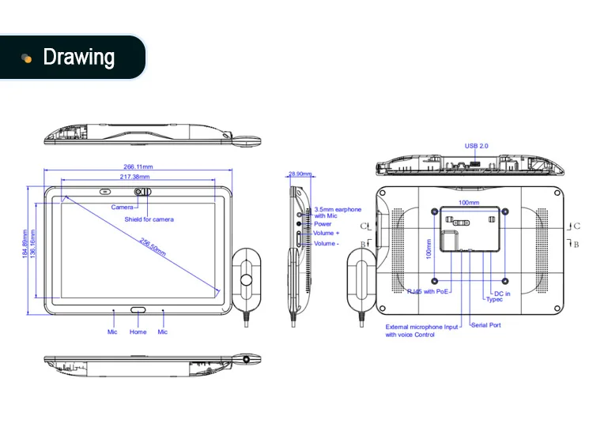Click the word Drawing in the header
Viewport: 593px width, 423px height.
click(78, 58)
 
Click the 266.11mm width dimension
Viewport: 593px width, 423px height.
click(138, 167)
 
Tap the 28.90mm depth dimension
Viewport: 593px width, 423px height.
click(300, 174)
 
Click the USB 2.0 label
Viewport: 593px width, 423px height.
click(477, 147)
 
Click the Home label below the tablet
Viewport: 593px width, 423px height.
click(138, 332)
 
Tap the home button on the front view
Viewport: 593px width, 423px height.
click(138, 310)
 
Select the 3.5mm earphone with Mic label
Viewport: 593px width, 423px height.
click(338, 212)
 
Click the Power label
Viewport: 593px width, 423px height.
click(323, 224)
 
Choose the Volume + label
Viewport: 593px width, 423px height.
click(327, 234)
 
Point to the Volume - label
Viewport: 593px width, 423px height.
click(327, 244)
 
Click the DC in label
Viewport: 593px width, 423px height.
click(502, 294)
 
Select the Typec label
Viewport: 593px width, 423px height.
click(494, 300)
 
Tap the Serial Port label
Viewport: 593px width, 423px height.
click(485, 325)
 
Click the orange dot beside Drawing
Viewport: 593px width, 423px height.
click(26, 58)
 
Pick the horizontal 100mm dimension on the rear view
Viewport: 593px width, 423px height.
click(469, 203)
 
